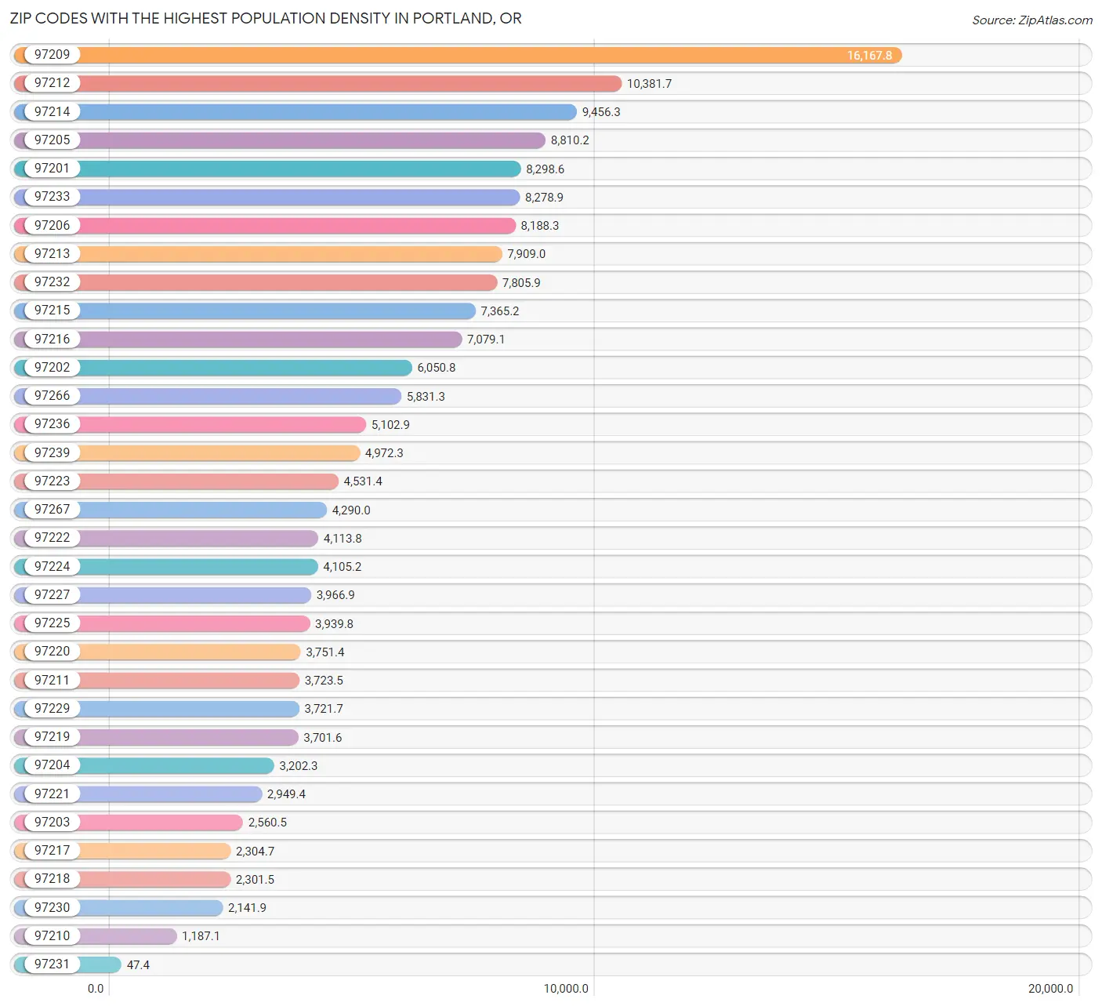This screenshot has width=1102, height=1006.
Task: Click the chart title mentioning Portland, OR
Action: [266, 18]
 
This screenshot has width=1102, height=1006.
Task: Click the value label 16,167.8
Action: [869, 56]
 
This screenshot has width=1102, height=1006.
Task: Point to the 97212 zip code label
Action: [52, 83]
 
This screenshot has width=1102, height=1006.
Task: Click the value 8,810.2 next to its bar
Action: [570, 140]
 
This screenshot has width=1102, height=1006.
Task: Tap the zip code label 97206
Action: [52, 225]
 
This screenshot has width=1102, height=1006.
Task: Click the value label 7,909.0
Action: [526, 254]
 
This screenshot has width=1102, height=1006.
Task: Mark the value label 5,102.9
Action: [390, 425]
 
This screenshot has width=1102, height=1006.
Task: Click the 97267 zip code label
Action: [52, 510]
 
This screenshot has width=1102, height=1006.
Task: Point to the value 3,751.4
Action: [324, 652]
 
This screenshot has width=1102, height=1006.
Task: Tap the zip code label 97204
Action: [52, 765]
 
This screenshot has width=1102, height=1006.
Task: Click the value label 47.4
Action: [138, 964]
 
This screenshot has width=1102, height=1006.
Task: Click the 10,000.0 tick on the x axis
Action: [566, 989]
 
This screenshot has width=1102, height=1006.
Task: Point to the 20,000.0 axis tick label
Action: [1050, 989]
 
